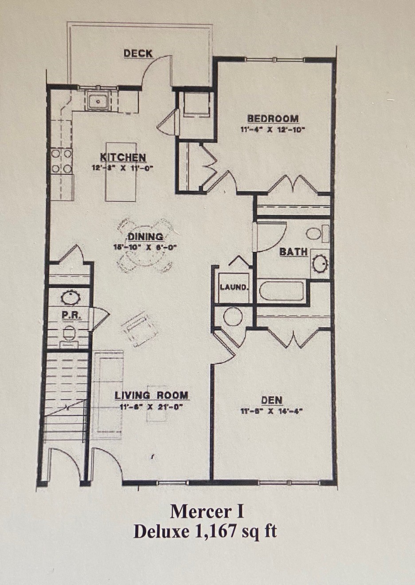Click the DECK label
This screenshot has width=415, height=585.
(x=138, y=53)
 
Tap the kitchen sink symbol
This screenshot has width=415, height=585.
(x=98, y=102)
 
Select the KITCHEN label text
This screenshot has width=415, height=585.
(x=123, y=157)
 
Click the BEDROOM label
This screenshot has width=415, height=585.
(x=273, y=118)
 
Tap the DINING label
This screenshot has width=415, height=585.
(x=145, y=237)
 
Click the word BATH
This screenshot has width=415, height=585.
(x=294, y=251)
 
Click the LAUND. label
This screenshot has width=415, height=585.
(x=234, y=287)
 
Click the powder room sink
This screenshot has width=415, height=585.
(x=70, y=297)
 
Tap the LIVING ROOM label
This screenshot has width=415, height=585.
(x=151, y=395)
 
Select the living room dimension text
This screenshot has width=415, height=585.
(x=151, y=406)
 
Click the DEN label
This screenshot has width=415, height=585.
(x=271, y=400)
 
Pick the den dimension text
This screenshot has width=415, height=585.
(x=271, y=411)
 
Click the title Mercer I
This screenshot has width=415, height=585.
(x=207, y=511)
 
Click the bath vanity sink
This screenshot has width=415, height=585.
(x=319, y=263)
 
